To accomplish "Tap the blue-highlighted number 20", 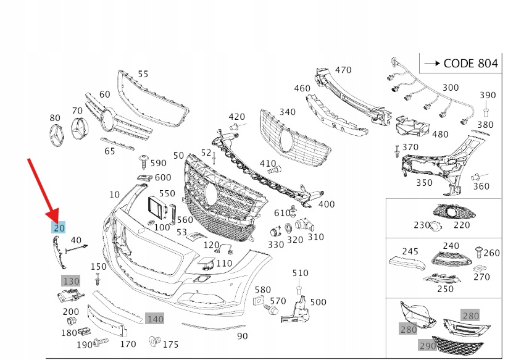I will pyautogui.click(x=59, y=228).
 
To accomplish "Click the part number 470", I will pyautogui.click(x=343, y=70).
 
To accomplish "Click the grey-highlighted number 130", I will pyautogui.click(x=71, y=281).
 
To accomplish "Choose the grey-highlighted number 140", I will pyautogui.click(x=155, y=319).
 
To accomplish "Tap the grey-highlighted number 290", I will pyautogui.click(x=428, y=346).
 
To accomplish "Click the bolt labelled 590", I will pyautogui.click(x=143, y=162).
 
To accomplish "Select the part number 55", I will pyautogui.click(x=143, y=74).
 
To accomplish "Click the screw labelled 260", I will pyautogui.click(x=478, y=251).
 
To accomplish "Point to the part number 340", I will pyautogui.click(x=287, y=112).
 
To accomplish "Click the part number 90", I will pyautogui.click(x=242, y=336).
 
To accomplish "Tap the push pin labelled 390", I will pyautogui.click(x=487, y=112).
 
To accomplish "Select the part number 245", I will pyautogui.click(x=410, y=251).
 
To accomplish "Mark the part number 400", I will pyautogui.click(x=327, y=204).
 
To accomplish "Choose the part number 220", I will pyautogui.click(x=462, y=225).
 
